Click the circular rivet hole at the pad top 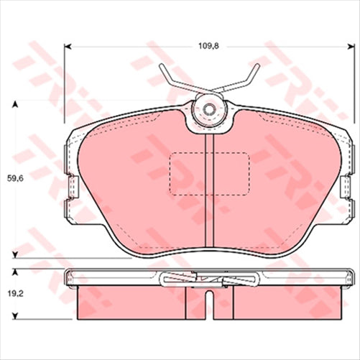(209, 110)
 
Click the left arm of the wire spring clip (176, 82)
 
